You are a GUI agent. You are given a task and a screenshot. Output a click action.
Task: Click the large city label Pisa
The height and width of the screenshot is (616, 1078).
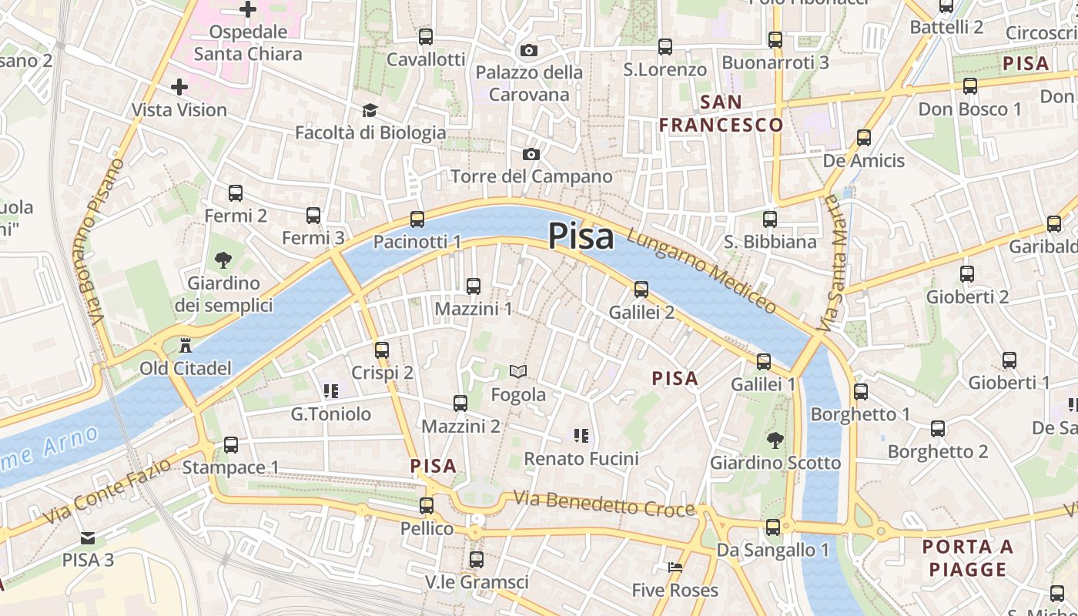point(581,236)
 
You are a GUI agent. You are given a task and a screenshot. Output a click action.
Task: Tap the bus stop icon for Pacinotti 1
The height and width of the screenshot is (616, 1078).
point(417,219)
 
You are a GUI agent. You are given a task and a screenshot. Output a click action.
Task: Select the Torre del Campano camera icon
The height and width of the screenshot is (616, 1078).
point(531,155)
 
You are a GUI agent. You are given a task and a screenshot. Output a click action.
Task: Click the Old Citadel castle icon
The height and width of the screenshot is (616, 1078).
point(185,345)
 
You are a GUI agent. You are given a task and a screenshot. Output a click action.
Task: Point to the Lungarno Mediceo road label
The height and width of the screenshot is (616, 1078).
point(701,271)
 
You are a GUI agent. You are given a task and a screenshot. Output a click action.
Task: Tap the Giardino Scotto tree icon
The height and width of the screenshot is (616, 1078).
point(775,440)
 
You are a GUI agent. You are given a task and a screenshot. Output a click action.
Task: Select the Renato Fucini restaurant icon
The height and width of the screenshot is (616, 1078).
point(581,437)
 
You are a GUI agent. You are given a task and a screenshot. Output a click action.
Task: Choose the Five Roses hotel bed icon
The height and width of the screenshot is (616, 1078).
point(675,567)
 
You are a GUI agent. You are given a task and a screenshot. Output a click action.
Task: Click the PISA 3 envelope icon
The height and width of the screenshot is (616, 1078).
point(88,538)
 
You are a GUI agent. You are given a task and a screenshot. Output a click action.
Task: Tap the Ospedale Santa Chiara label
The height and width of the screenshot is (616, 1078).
point(248,42)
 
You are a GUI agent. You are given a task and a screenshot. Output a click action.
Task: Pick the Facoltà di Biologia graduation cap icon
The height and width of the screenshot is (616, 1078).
point(370,111)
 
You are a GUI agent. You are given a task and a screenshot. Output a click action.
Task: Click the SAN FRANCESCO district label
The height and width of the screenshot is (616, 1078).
point(721,113)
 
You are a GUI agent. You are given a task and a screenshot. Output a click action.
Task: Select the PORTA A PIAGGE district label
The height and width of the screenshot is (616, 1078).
point(967,558)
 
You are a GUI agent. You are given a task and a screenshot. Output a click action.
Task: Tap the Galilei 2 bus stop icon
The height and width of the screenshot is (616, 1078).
point(641,290)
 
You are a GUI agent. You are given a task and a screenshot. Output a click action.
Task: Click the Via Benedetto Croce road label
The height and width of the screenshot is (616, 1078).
point(604,504)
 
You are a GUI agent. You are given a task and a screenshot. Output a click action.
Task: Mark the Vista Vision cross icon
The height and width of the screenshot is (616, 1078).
point(179,87)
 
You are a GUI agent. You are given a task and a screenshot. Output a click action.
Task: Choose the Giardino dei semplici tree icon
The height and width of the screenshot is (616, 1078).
point(223,260)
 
